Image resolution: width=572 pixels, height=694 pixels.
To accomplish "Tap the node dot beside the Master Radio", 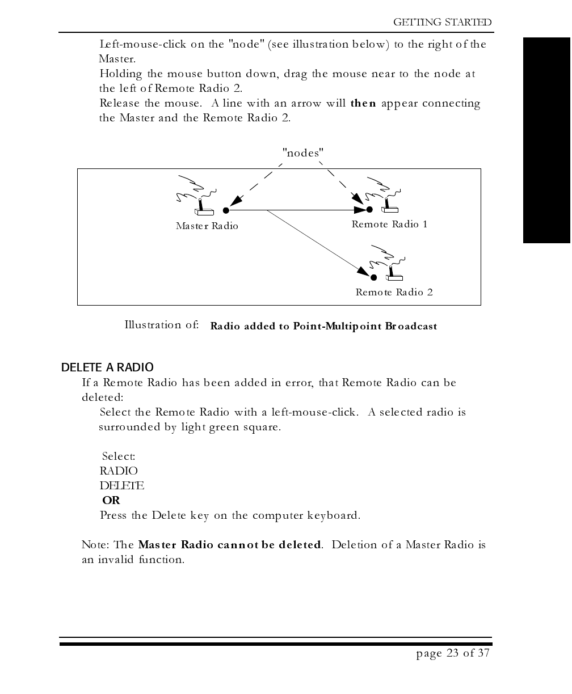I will pos(226,210).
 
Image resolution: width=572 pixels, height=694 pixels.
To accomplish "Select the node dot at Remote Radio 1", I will pos(369,210).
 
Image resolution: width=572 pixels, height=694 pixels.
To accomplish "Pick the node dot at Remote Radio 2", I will pos(373,277).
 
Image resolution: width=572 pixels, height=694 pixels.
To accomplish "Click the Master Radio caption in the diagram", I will pos(207,226).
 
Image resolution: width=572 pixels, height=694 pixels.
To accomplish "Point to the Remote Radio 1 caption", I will pos(389,225).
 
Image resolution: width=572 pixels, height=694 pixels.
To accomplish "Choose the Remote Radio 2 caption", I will pos(394,293).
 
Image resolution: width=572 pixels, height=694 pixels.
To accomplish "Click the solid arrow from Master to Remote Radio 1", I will pos(295,210).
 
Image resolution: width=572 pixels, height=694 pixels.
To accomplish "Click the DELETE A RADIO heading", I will pos(107,368).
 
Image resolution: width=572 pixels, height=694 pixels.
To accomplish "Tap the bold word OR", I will pos(111,501).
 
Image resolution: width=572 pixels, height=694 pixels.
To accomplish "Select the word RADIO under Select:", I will pos(119,471).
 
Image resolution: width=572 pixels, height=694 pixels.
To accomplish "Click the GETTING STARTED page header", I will pos(443,22).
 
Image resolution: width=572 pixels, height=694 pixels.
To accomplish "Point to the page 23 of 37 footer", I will pos(452,653).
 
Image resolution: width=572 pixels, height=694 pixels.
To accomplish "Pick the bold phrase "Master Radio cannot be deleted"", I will pos(230,545).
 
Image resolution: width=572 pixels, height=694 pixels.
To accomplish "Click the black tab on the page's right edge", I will pos(546,141).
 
